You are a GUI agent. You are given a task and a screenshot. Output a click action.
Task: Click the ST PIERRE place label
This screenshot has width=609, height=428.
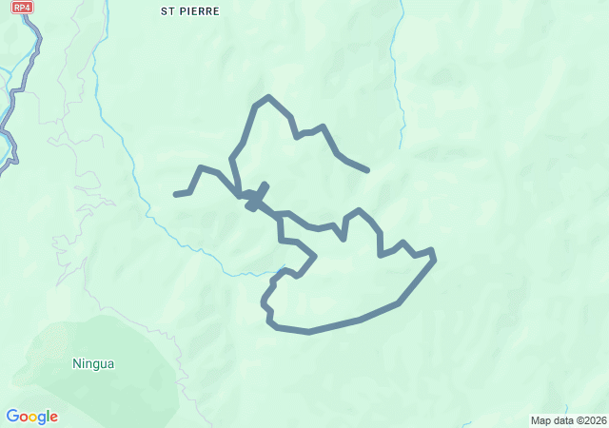190,11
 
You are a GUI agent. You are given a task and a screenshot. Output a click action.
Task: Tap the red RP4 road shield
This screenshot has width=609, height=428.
22,7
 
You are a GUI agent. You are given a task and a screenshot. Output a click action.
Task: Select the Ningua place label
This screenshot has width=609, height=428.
93,362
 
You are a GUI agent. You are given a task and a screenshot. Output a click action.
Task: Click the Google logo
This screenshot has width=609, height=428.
31,417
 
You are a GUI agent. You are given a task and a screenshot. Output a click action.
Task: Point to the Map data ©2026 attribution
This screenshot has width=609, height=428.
568,420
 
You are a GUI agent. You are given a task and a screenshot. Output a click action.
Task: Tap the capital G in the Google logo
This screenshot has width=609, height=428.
12,416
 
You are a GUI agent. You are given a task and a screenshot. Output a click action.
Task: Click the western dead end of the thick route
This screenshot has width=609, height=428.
176,194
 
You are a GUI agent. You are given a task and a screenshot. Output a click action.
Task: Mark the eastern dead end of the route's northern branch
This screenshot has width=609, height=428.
366,170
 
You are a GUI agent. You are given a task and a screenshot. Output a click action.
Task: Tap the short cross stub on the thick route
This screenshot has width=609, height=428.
257,195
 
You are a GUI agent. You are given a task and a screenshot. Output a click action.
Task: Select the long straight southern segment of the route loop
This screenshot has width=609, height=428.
333,326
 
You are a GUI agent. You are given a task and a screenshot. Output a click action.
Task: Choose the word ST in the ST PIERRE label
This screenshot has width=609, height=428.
167,11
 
